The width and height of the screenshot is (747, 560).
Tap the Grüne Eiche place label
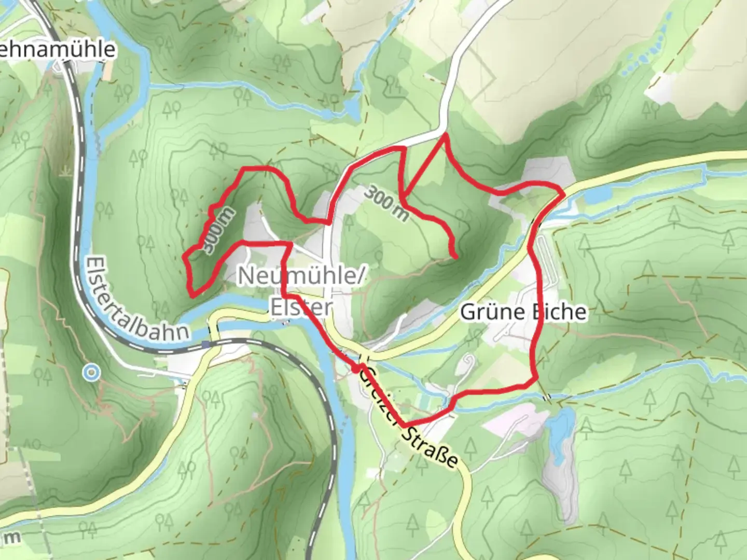523,312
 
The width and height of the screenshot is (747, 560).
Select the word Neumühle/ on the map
300,275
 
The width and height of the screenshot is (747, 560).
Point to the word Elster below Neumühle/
300,306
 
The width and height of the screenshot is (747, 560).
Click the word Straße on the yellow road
430,446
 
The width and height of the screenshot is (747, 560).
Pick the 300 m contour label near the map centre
385,203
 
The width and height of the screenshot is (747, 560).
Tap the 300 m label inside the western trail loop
218,231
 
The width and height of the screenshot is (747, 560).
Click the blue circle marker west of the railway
92,372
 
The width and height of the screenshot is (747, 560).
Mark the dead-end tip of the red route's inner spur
455,257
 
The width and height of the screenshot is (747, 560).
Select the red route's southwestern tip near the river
192,296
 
